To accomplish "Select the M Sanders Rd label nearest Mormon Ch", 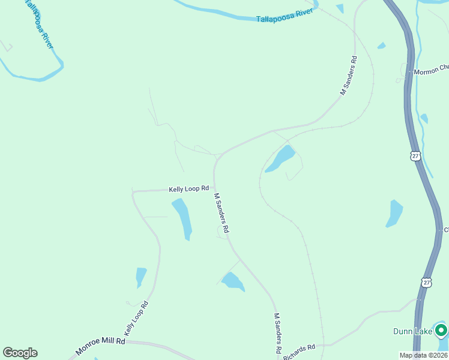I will point(349,76).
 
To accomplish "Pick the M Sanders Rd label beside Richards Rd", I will point(277,333).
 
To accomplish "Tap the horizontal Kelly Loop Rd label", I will point(188,189).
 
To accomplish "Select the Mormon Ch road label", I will point(430,71).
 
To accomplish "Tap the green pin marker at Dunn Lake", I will point(441,330).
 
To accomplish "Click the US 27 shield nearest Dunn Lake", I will point(426,282).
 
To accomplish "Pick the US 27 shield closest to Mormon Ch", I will point(415,155).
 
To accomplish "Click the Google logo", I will point(20,353).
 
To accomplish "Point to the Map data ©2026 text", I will point(423,355).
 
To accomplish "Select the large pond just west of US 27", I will point(394,213).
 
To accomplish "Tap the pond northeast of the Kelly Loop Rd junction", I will point(281,158).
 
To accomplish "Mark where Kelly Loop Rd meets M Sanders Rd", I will point(214,188).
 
